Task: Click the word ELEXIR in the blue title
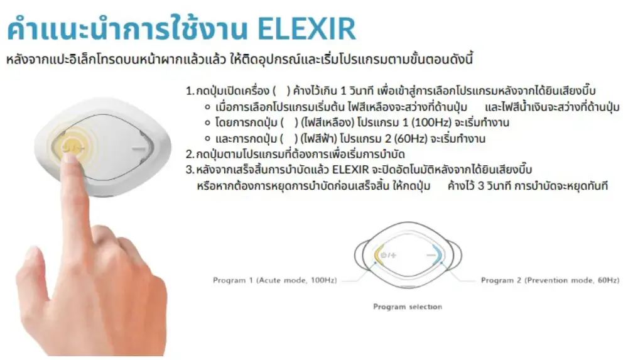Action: (306, 29)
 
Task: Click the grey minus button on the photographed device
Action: (139, 150)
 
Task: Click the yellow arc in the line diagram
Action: (379, 254)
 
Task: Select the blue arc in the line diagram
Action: (437, 254)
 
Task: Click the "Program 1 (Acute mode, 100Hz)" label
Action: (275, 280)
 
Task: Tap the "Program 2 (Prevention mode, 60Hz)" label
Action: (550, 280)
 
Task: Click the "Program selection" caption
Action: (408, 307)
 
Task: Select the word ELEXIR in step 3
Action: (350, 170)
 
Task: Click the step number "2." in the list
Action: (190, 154)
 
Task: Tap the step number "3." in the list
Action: (190, 170)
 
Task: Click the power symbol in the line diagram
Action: (383, 255)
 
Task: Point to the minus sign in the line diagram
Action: (431, 255)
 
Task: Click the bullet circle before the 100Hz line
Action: (207, 123)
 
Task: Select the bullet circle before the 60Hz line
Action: (207, 139)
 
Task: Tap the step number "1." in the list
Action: (190, 90)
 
